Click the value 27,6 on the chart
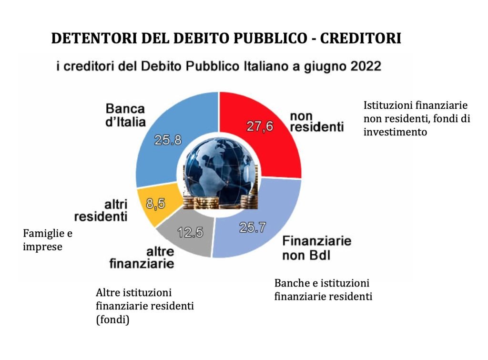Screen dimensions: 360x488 pos(260,126)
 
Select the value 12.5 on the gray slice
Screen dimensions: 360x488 pos(190,233)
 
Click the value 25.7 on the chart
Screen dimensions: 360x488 pos(251,228)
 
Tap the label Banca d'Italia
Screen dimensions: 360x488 pos(125,115)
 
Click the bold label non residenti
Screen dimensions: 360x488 pos(316,122)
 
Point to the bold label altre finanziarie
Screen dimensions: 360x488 pos(142,257)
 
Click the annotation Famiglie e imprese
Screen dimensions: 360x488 pos(50,240)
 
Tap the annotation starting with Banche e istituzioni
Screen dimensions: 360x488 pos(323,289)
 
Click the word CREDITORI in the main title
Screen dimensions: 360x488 pos(360,38)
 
